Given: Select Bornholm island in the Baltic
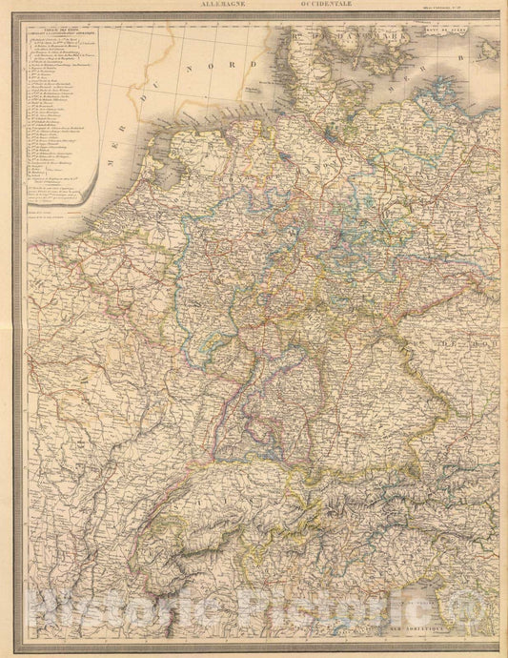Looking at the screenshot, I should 497,67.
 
